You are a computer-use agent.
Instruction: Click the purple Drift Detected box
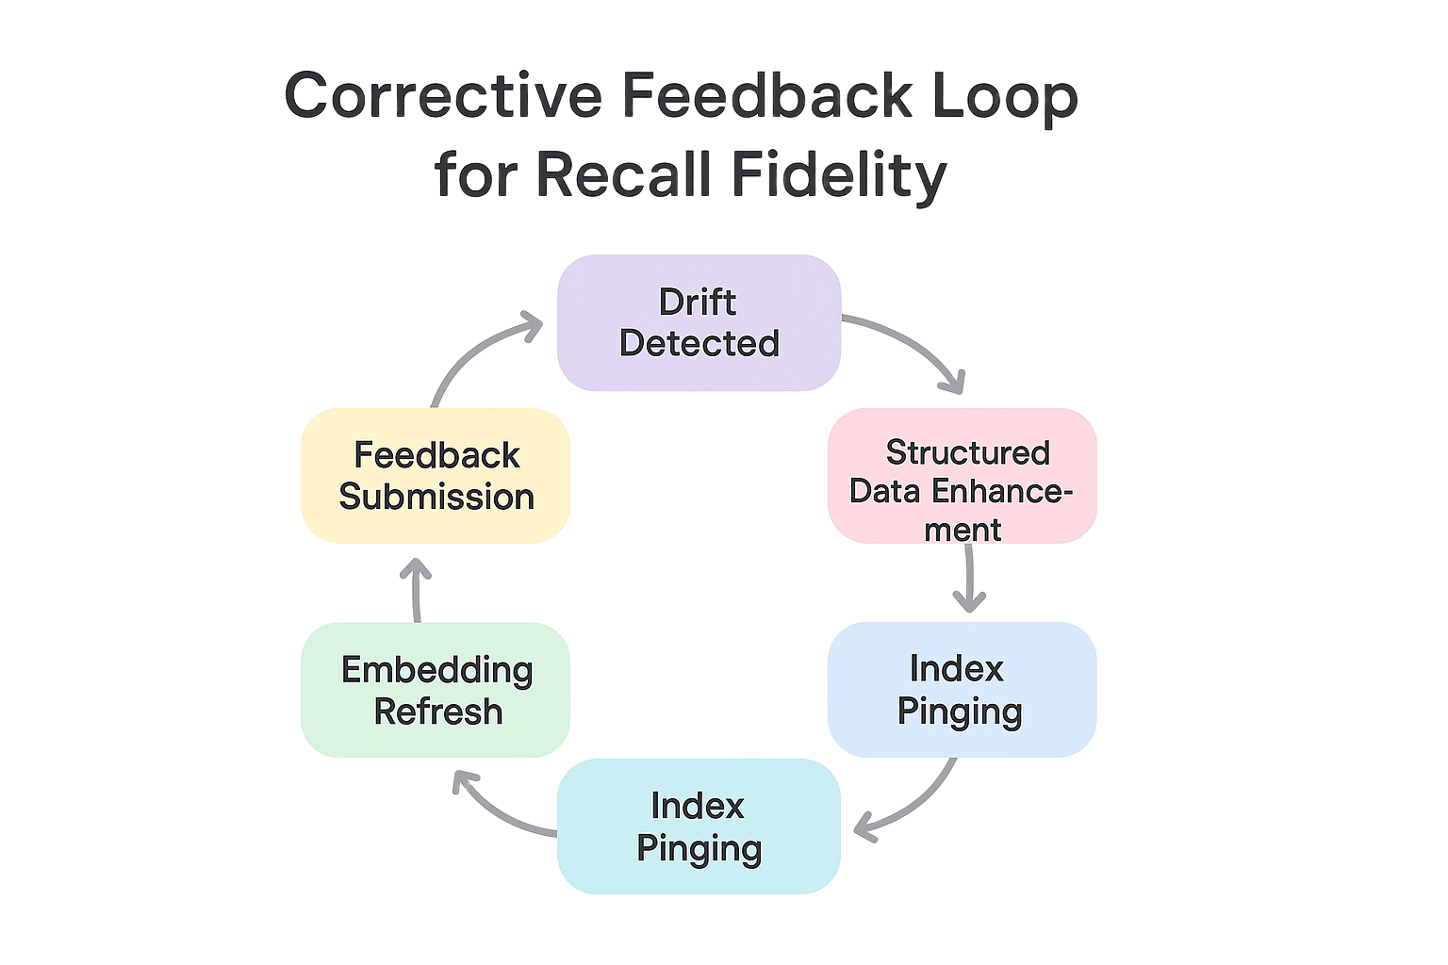pyautogui.click(x=698, y=322)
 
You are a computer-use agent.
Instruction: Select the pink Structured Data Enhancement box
pyautogui.click(x=962, y=476)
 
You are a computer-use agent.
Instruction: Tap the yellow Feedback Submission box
pyautogui.click(x=436, y=476)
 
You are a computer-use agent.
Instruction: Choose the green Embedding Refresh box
pyautogui.click(x=436, y=690)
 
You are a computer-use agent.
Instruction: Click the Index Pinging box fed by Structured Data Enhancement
pyautogui.click(x=962, y=690)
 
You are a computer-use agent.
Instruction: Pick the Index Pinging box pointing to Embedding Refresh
pyautogui.click(x=698, y=826)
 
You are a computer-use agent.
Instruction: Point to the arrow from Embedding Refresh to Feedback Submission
pyautogui.click(x=416, y=589)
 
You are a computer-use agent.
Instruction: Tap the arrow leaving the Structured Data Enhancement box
pyautogui.click(x=969, y=580)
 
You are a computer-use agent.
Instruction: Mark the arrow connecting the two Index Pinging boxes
pyautogui.click(x=910, y=806)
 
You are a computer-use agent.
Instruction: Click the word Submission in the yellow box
pyautogui.click(x=436, y=497)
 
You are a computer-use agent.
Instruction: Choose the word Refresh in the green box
pyautogui.click(x=438, y=711)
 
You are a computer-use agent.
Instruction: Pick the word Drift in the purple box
pyautogui.click(x=698, y=303)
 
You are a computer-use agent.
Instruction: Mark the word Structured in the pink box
pyautogui.click(x=967, y=452)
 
